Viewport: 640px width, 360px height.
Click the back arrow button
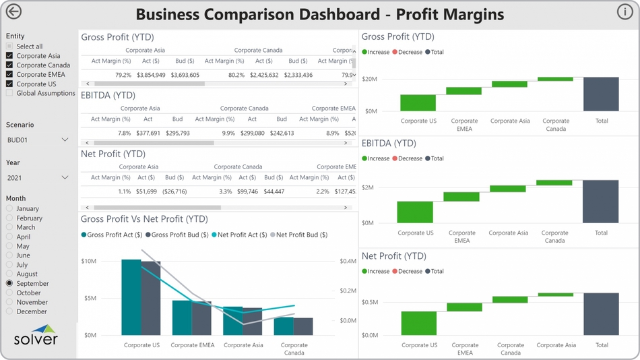click(x=13, y=11)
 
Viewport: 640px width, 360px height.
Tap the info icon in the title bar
click(x=625, y=11)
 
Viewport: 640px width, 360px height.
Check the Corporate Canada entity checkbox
click(x=9, y=65)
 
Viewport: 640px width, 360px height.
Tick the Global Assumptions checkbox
click(x=9, y=94)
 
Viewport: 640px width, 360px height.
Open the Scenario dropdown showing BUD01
click(x=65, y=140)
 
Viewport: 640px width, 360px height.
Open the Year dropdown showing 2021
click(x=65, y=178)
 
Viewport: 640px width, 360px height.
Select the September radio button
click(x=9, y=284)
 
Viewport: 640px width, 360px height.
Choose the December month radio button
click(x=9, y=312)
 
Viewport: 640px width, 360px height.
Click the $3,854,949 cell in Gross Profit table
click(x=151, y=75)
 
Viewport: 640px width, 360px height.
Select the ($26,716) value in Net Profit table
click(x=174, y=192)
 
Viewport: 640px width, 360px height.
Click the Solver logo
click(x=38, y=336)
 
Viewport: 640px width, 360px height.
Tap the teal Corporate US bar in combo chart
click(x=131, y=297)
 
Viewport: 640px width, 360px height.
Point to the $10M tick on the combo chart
click(x=88, y=261)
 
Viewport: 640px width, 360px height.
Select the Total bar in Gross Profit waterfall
click(x=601, y=94)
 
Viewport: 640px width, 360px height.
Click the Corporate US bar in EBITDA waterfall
click(x=414, y=212)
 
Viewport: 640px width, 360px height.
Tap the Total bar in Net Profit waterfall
click(x=601, y=313)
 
